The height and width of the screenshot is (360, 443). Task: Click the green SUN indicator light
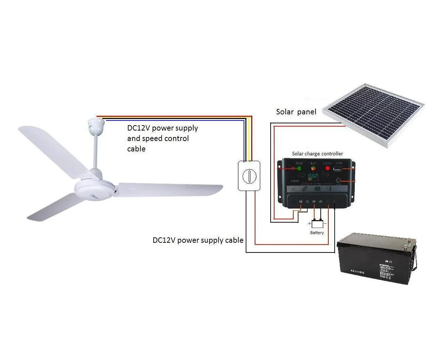[x=299, y=168]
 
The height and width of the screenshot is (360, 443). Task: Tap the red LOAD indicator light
[x=327, y=168]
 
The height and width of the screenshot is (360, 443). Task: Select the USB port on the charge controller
[x=339, y=168]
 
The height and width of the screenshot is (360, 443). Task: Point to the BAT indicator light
[x=313, y=168]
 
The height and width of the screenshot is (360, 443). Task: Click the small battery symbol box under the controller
[x=317, y=224]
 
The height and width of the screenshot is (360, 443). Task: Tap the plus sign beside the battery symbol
[x=309, y=223]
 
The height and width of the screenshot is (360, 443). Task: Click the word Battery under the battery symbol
[x=317, y=233]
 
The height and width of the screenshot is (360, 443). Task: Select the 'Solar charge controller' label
[x=317, y=154]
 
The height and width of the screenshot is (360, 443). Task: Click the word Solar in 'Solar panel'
[x=285, y=112]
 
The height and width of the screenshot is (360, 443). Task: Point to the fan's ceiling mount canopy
[x=97, y=124]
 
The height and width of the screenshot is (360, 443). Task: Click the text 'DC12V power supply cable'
[x=198, y=240]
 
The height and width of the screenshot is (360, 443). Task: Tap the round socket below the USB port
[x=339, y=181]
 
